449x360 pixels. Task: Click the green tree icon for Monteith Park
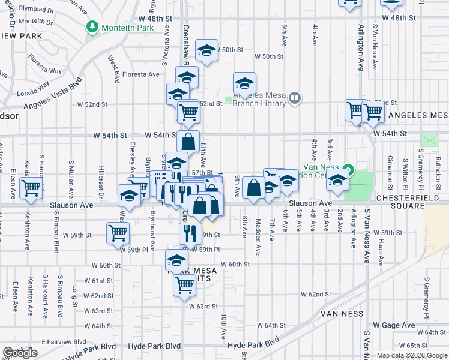coord(92,26)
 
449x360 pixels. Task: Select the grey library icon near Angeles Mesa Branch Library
coord(294,98)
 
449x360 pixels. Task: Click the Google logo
coord(20,353)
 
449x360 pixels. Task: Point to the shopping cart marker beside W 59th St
coord(118,233)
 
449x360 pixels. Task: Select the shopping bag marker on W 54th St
coord(188,142)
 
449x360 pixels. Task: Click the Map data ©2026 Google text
coord(412,355)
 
